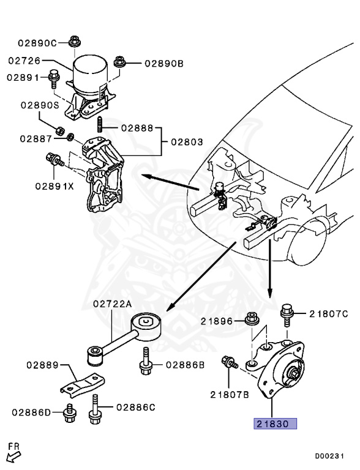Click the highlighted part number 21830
(276, 423)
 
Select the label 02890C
(37, 43)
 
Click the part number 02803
(186, 142)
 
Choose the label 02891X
(54, 185)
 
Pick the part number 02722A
(113, 304)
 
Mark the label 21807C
(328, 314)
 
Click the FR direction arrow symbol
(13, 455)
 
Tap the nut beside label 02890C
(74, 42)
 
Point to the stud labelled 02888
(99, 129)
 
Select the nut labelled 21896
(250, 319)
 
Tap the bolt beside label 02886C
(95, 410)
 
